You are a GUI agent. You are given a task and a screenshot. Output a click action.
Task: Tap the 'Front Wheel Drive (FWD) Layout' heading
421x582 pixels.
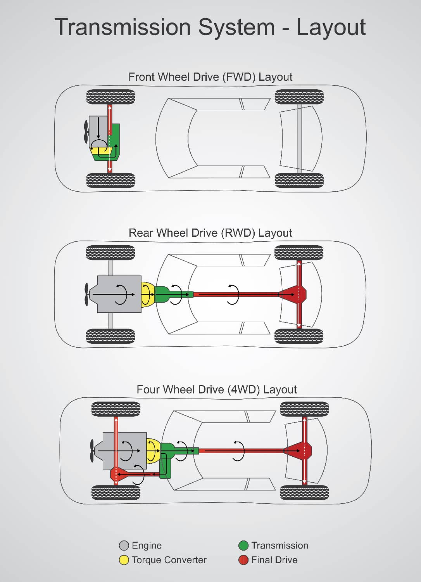tap(210, 77)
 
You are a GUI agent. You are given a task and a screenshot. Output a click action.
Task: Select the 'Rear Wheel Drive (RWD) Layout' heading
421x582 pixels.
tap(210, 233)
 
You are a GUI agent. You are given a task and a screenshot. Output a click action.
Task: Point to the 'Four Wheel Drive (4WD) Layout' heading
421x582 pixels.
tap(216, 389)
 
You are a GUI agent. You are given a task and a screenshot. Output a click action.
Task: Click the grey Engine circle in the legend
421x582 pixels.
tap(124, 546)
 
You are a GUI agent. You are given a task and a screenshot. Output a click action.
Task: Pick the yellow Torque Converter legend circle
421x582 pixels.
tap(124, 560)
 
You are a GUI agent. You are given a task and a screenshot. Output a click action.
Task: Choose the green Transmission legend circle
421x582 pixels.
tap(243, 546)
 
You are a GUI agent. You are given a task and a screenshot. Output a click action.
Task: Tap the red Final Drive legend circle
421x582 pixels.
tap(243, 560)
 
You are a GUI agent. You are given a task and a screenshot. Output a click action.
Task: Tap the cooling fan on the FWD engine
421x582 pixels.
tap(86, 132)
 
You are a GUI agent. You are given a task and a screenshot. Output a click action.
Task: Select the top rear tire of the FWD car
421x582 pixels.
tap(299, 97)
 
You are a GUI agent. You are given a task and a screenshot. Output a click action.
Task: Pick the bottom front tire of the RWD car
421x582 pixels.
tap(110, 336)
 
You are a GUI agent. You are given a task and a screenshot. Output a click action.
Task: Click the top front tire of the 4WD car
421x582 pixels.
tap(116, 409)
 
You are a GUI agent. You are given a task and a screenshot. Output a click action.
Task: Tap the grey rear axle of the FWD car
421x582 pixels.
tap(299, 139)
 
